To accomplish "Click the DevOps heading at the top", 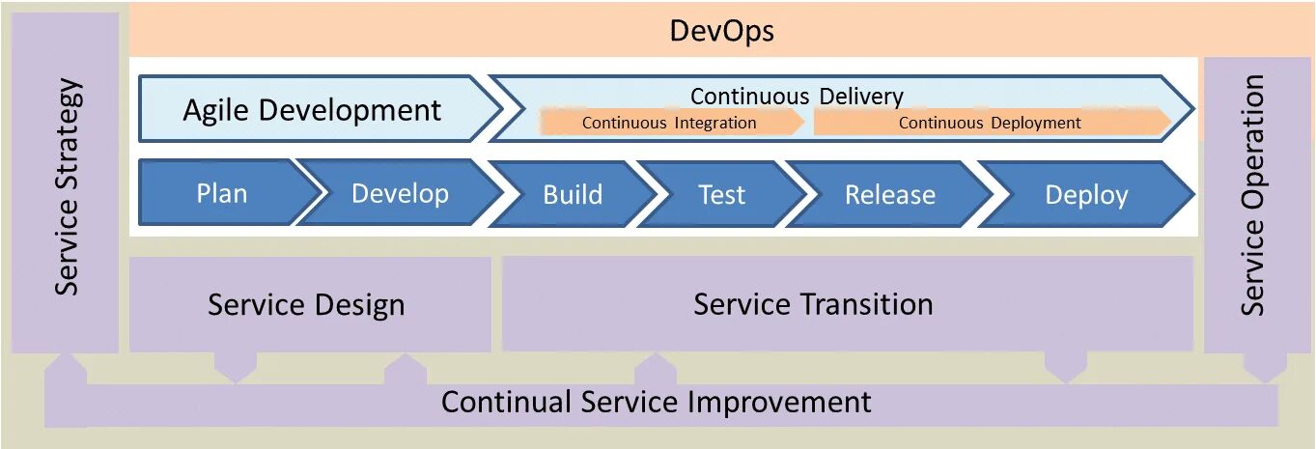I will pyautogui.click(x=721, y=32).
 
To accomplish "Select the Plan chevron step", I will pyautogui.click(x=222, y=193).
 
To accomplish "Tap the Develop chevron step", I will pyautogui.click(x=400, y=193).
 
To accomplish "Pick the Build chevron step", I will pyautogui.click(x=573, y=194).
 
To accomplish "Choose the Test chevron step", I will pyautogui.click(x=721, y=194).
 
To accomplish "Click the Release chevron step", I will pyautogui.click(x=889, y=194).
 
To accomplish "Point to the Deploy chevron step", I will pyautogui.click(x=1086, y=194).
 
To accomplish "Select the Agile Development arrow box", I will pyautogui.click(x=312, y=110).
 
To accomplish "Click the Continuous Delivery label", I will pyautogui.click(x=797, y=96).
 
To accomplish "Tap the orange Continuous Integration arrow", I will pyautogui.click(x=669, y=123).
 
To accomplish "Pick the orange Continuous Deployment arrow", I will pyautogui.click(x=990, y=123).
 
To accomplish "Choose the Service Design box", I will pyautogui.click(x=306, y=305).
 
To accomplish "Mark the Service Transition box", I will pyautogui.click(x=813, y=304).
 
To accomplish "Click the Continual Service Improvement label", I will pyautogui.click(x=657, y=402).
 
